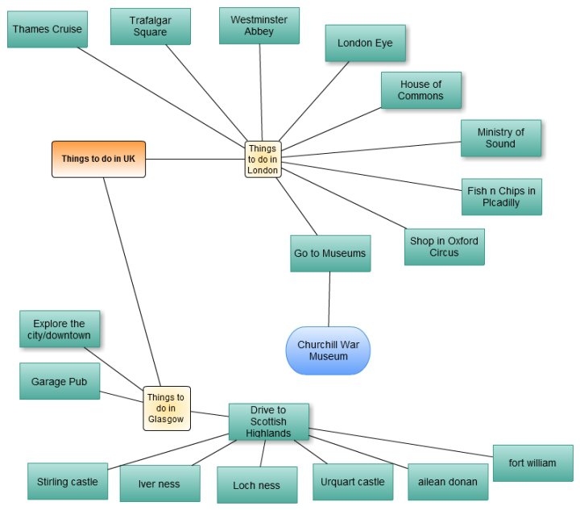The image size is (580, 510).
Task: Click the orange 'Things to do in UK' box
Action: (x=98, y=159)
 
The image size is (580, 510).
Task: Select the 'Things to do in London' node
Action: (x=263, y=160)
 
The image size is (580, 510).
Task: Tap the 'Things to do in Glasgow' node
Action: (x=167, y=408)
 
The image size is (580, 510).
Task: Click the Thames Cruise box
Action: (x=46, y=30)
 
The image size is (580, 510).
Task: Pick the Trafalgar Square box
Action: (x=150, y=27)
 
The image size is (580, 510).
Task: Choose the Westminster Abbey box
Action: (x=259, y=26)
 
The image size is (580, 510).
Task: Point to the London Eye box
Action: (x=365, y=43)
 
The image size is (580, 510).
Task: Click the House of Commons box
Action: (x=420, y=90)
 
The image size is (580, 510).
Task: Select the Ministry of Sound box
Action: (x=500, y=138)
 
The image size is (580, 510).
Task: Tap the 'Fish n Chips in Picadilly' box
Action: (x=501, y=197)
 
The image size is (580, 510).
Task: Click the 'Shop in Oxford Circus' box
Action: (x=444, y=247)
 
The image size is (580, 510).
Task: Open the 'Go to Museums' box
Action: (x=329, y=253)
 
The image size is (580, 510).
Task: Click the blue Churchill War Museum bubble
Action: (x=328, y=350)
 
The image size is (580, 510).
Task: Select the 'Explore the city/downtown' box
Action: (x=60, y=330)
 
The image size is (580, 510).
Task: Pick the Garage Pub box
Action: (x=60, y=381)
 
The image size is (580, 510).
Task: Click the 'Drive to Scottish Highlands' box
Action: (x=268, y=421)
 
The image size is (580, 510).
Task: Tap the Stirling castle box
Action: (x=67, y=482)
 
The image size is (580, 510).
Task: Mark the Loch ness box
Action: (x=256, y=485)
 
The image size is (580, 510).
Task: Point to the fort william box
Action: (x=532, y=463)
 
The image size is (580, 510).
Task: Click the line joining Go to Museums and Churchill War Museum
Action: (x=329, y=299)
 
